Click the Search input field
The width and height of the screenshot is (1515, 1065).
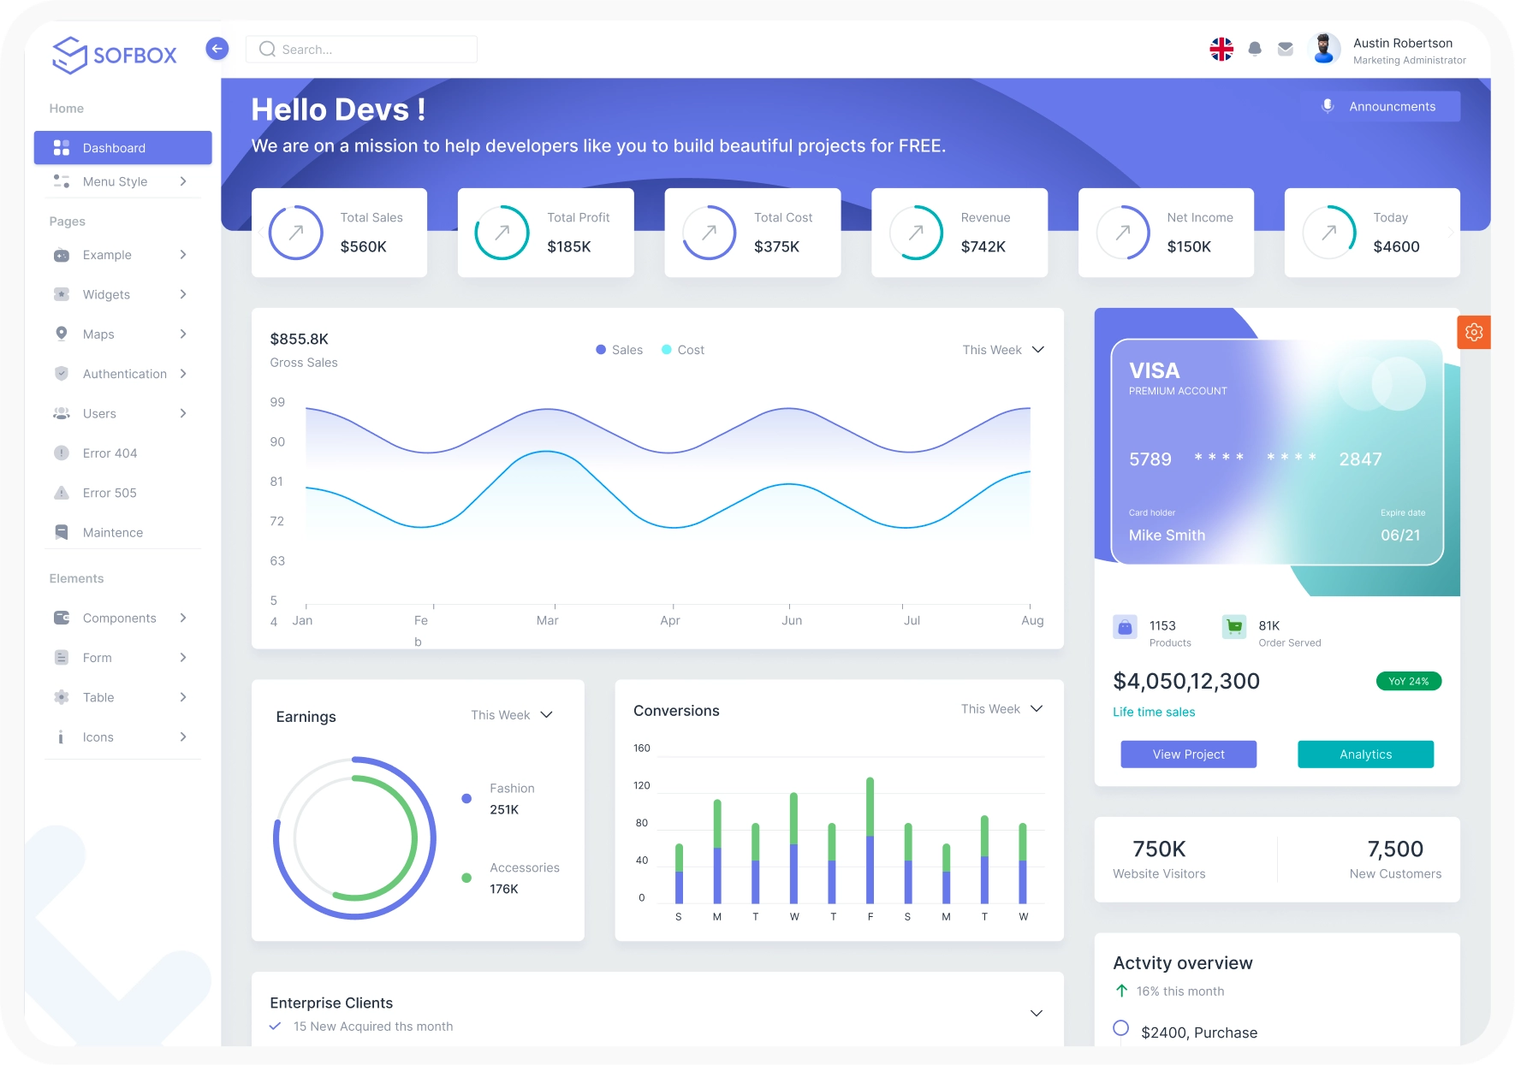tap(368, 50)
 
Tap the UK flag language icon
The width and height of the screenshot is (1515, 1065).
tap(1221, 50)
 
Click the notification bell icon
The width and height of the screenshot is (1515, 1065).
tap(1255, 50)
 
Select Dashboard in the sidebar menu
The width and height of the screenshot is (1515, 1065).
tap(122, 148)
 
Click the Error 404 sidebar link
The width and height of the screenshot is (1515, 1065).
tap(110, 453)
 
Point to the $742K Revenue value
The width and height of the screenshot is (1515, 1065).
tap(983, 246)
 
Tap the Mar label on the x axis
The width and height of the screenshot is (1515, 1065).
tap(547, 620)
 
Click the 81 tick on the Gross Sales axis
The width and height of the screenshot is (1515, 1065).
tap(276, 482)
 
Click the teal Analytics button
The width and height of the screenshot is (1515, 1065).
tap(1365, 754)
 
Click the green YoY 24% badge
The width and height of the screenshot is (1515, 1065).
tap(1408, 681)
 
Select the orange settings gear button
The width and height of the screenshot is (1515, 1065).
tap(1473, 332)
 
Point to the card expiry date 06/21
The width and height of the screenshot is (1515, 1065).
tap(1399, 535)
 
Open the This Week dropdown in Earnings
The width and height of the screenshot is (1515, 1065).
tap(512, 715)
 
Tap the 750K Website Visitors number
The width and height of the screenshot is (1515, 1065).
tap(1159, 849)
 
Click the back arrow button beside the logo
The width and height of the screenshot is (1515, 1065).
tap(217, 49)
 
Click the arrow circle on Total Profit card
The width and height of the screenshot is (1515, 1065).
tap(502, 232)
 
